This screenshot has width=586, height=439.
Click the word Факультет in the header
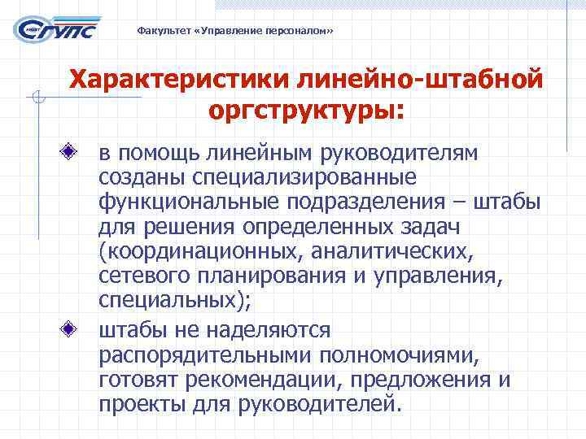(157, 31)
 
